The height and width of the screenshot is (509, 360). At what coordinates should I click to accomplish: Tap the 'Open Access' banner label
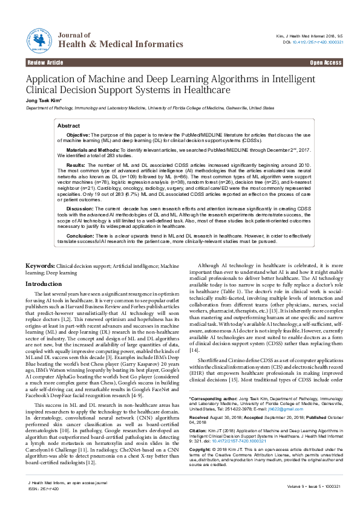click(326, 63)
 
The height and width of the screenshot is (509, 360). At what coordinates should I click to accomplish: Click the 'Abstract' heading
click(69, 126)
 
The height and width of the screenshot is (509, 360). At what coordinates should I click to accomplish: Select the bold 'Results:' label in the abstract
click(76, 164)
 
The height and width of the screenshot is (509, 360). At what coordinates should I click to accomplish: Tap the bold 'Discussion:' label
click(80, 208)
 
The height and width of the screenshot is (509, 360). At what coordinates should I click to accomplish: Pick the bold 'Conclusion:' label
click(80, 236)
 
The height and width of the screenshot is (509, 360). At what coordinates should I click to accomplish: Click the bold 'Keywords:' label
click(41, 266)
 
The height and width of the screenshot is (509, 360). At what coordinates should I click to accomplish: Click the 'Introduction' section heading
click(45, 284)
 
